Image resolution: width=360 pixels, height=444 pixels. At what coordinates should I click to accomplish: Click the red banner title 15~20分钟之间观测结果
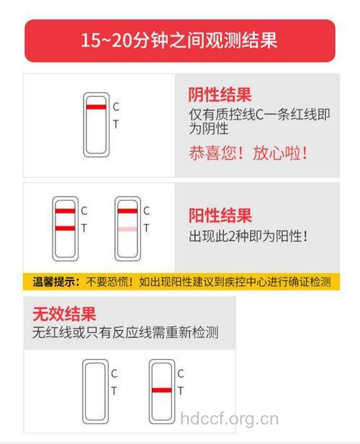179,40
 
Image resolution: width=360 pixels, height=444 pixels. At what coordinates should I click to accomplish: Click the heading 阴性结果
220,95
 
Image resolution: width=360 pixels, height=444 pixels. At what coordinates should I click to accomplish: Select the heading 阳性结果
220,216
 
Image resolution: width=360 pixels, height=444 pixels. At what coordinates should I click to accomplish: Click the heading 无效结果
64,314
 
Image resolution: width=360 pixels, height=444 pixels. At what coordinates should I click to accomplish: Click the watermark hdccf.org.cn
229,418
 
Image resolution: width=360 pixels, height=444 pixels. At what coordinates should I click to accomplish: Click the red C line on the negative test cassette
95,107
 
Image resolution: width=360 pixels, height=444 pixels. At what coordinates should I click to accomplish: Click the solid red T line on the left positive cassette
64,228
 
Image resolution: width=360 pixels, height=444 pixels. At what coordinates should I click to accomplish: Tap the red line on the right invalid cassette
161,391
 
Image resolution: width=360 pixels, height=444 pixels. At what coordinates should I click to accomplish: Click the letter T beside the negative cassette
116,124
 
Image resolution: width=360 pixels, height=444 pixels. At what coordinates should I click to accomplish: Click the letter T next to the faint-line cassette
146,228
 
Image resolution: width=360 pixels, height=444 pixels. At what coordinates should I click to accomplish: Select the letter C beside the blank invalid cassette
114,373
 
